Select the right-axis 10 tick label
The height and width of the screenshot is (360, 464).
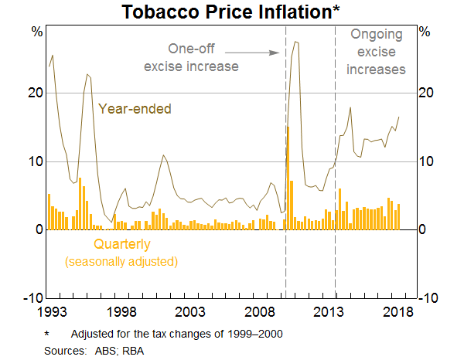pos(427,161)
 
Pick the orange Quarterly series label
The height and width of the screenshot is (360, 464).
pos(122,245)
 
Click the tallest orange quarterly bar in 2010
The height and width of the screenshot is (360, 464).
pos(288,178)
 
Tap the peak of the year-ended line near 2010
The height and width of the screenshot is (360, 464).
pos(295,42)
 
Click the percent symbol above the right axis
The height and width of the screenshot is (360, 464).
pos(424,32)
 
